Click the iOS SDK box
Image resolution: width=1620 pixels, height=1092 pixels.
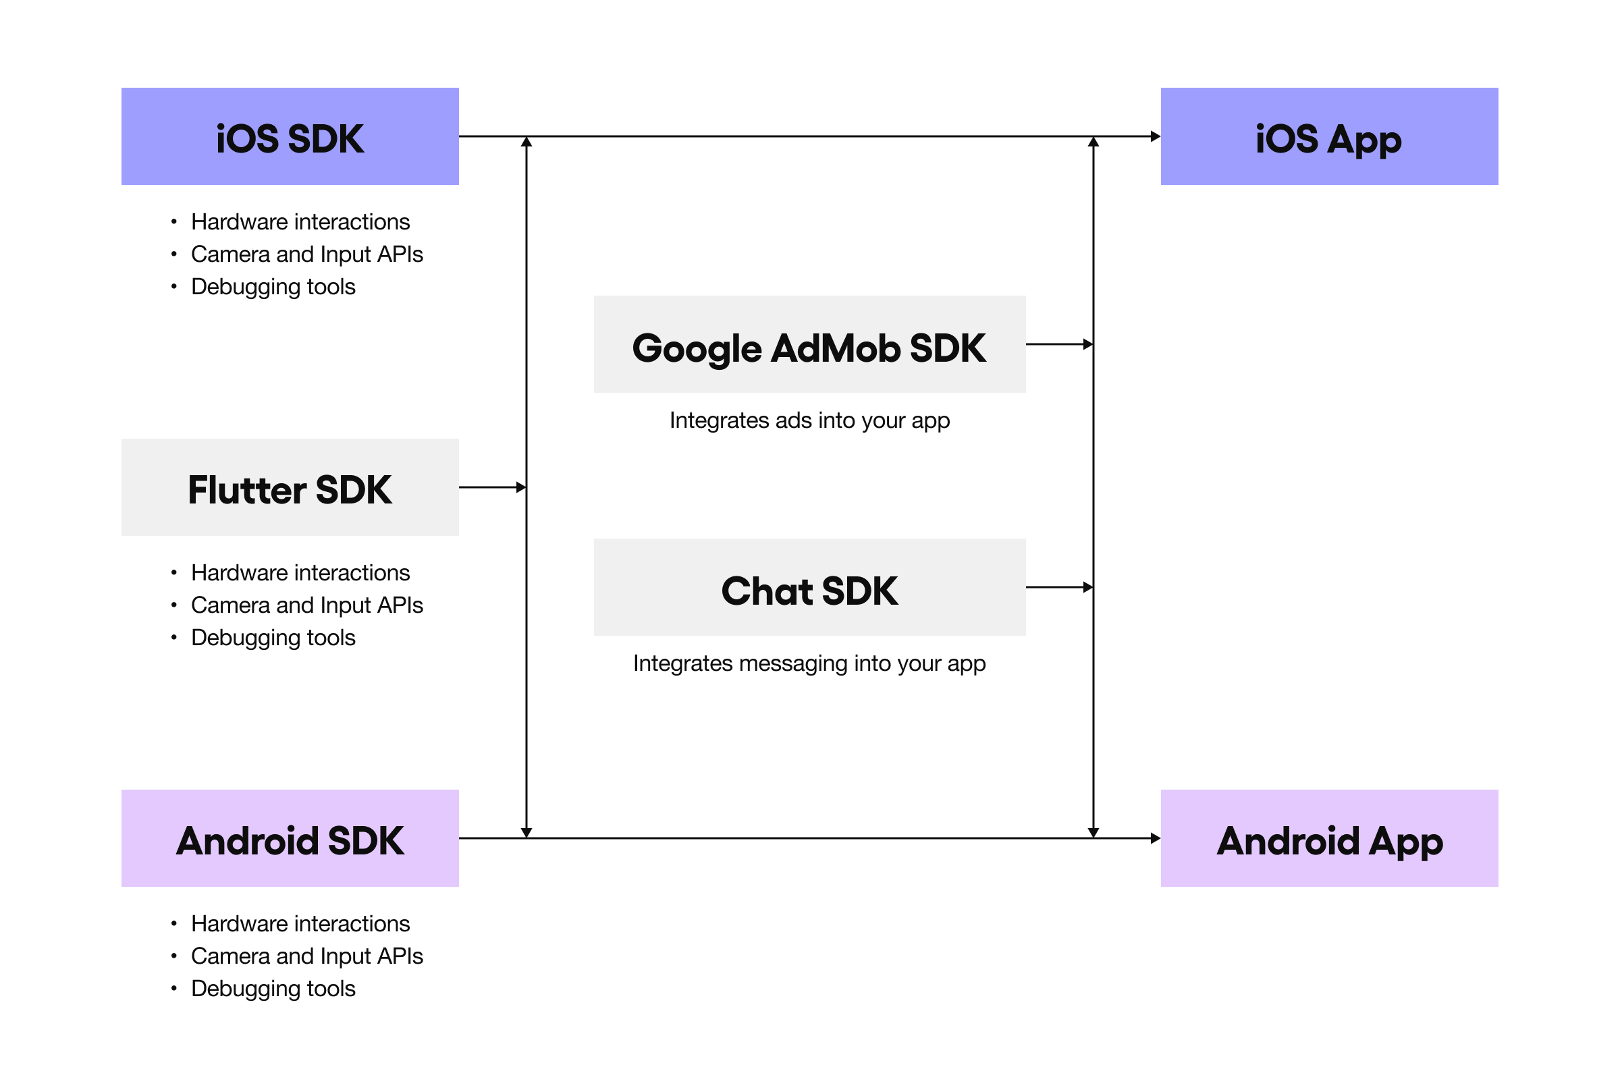(x=290, y=136)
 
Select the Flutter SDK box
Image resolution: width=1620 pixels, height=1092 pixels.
(x=290, y=487)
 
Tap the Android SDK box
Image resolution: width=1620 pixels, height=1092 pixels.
(x=290, y=838)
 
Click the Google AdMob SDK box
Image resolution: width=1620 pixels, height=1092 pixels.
(x=809, y=344)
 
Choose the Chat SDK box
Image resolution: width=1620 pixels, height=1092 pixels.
(x=809, y=587)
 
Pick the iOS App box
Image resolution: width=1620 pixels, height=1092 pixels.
(x=1329, y=136)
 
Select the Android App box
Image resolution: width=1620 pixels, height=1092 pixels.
(x=1329, y=838)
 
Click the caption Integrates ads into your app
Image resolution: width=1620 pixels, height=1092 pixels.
(x=809, y=420)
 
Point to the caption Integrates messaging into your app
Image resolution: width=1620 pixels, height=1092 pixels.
(x=809, y=663)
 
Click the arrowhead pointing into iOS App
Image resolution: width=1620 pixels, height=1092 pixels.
(x=1156, y=136)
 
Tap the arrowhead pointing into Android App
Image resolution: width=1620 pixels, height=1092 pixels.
(x=1156, y=838)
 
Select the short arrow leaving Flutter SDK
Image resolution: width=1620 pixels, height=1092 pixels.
(x=491, y=487)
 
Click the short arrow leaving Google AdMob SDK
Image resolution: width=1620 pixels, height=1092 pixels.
(x=1058, y=344)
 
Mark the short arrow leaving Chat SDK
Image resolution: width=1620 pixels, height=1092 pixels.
(x=1058, y=587)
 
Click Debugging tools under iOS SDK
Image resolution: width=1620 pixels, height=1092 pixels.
(x=273, y=287)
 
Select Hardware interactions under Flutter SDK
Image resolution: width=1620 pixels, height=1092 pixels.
(x=300, y=573)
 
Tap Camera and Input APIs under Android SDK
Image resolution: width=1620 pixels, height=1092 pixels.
(x=306, y=956)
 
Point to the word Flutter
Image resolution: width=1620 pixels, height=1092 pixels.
(x=246, y=490)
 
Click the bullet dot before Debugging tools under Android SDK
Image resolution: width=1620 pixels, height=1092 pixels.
(x=173, y=988)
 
